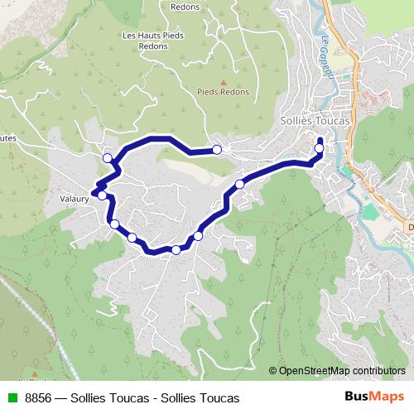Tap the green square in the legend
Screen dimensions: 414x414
pyautogui.click(x=12, y=397)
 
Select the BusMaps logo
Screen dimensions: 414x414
pyautogui.click(x=373, y=397)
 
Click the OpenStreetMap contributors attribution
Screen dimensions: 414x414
pyautogui.click(x=341, y=371)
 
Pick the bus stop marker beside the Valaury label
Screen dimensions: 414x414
pyautogui.click(x=102, y=195)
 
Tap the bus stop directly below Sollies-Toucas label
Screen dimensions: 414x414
pyautogui.click(x=320, y=149)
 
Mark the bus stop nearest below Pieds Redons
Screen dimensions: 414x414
pyautogui.click(x=217, y=150)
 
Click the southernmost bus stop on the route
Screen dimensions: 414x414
pyautogui.click(x=176, y=249)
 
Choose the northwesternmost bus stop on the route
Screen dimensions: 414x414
pyautogui.click(x=107, y=158)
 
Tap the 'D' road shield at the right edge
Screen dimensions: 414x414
pyautogui.click(x=410, y=226)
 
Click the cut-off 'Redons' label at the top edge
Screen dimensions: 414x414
pyautogui.click(x=184, y=5)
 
